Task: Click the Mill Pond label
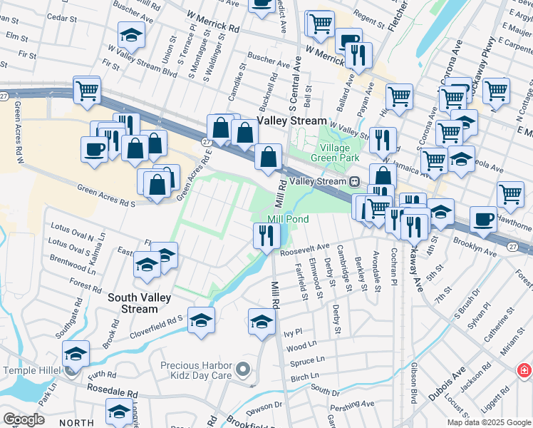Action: click(288, 219)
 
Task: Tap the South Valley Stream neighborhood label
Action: click(132, 302)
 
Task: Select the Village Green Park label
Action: click(338, 153)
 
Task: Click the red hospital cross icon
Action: click(524, 371)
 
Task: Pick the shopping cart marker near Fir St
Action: click(87, 91)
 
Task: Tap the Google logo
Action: click(23, 419)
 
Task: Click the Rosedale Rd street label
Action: click(113, 392)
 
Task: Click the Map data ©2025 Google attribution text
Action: click(488, 422)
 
